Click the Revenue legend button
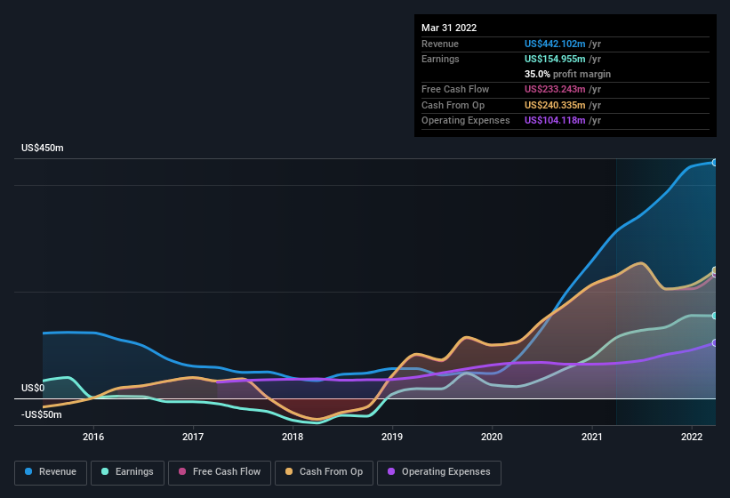click(51, 472)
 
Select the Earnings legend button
click(127, 472)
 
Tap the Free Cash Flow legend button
click(220, 472)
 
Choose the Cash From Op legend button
click(324, 472)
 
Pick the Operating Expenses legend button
click(438, 472)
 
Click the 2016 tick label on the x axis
click(93, 437)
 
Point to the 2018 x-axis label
click(293, 437)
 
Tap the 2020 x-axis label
click(492, 437)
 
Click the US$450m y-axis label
click(43, 148)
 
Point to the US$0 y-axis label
click(33, 388)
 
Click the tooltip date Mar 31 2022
click(449, 28)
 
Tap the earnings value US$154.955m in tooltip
click(556, 59)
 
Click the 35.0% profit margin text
click(567, 74)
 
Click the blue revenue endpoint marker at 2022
click(714, 163)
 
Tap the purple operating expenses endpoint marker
click(714, 342)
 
